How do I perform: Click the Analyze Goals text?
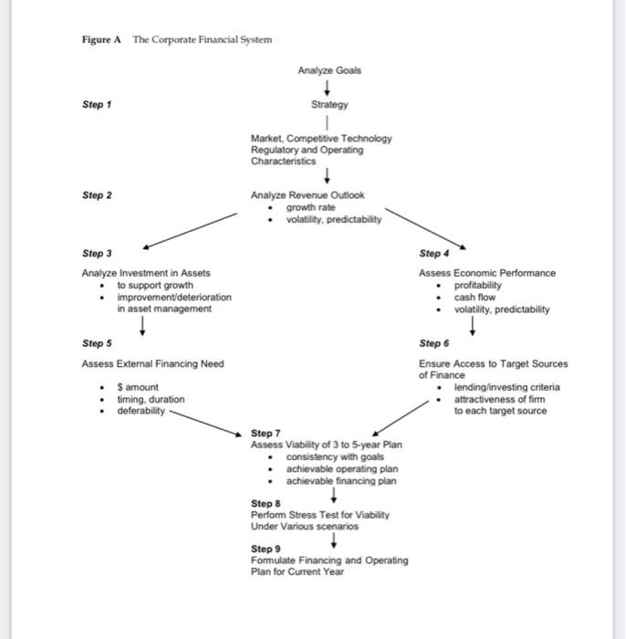click(x=329, y=70)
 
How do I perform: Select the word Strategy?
click(x=329, y=105)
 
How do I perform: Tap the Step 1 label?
click(x=96, y=105)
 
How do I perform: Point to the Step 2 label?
click(x=96, y=195)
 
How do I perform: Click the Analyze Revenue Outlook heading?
click(x=308, y=195)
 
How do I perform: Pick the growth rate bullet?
click(x=310, y=207)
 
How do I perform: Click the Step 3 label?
click(x=96, y=254)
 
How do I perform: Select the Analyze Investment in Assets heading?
click(x=146, y=273)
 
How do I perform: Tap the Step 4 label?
click(x=433, y=254)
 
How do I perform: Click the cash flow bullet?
click(x=475, y=297)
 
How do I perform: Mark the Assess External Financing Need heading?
click(x=152, y=363)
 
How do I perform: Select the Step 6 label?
click(x=433, y=344)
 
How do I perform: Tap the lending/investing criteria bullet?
click(x=507, y=387)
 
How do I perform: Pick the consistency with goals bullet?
click(x=336, y=456)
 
